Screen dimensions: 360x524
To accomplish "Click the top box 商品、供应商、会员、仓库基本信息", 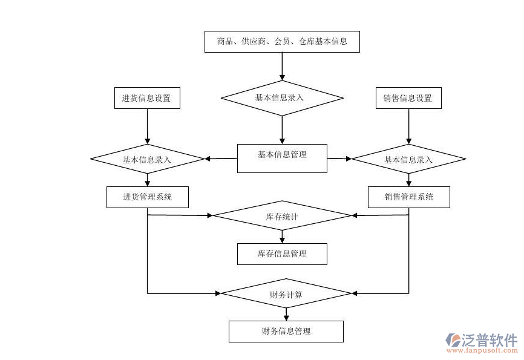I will [282, 42].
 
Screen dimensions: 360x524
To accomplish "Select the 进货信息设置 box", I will [147, 98].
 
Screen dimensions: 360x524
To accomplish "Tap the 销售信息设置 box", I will [408, 98].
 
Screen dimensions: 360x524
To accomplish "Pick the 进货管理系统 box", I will [147, 197].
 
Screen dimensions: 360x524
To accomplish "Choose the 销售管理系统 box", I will [408, 197].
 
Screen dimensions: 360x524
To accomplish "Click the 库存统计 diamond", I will [282, 215].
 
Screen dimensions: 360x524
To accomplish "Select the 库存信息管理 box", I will [282, 254].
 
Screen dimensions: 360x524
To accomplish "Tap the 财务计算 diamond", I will [286, 294].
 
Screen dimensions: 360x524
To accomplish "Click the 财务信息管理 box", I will [286, 331].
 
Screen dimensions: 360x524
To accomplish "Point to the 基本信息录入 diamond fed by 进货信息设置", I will [147, 159].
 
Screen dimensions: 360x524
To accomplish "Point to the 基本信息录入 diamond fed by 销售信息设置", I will [408, 159].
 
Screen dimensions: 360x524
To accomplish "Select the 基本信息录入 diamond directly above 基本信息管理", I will [282, 97].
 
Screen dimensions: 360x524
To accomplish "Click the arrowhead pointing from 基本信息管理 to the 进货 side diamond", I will [208, 159].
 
